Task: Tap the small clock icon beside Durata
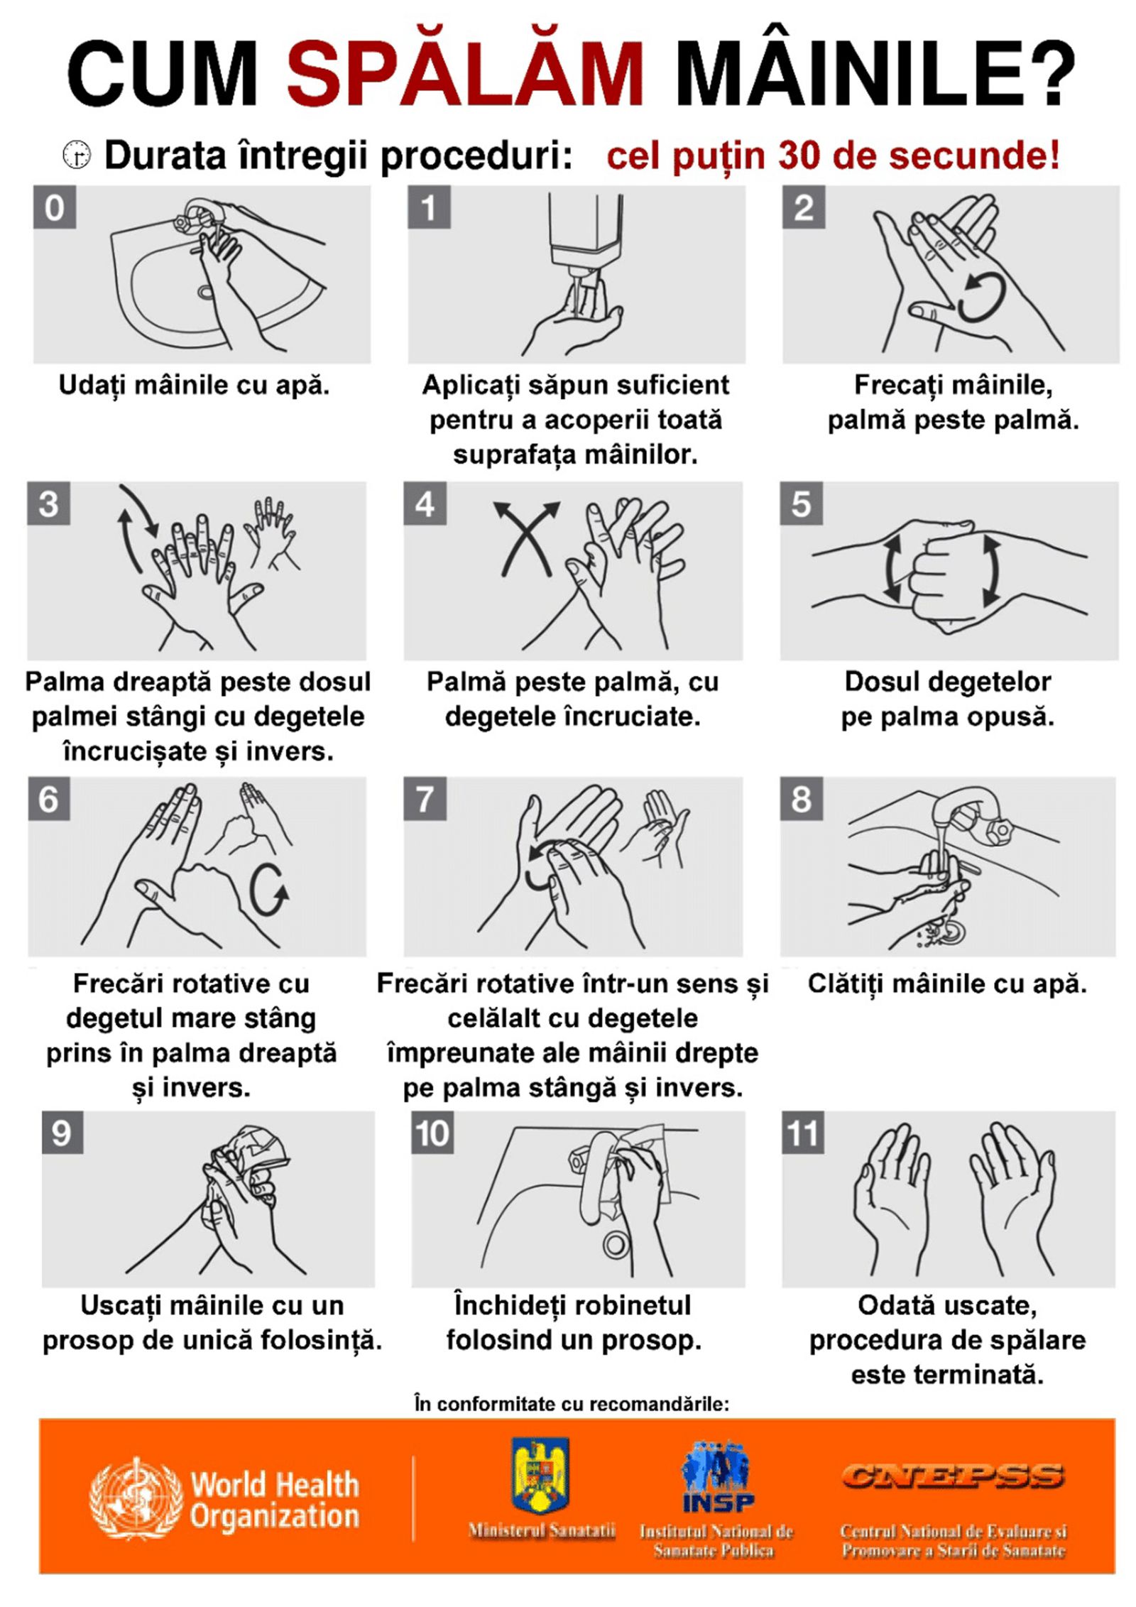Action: tap(77, 155)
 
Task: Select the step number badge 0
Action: tap(55, 207)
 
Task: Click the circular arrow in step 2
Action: tap(982, 299)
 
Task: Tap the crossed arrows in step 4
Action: tap(526, 538)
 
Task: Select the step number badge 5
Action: tap(801, 503)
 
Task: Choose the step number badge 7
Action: tap(425, 798)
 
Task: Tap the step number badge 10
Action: tap(432, 1133)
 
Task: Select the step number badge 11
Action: tap(803, 1133)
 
